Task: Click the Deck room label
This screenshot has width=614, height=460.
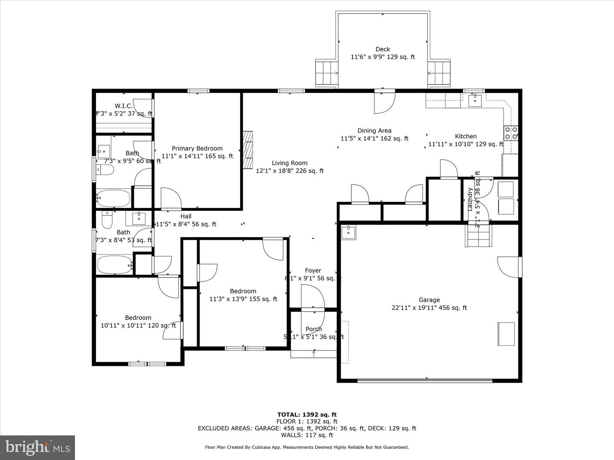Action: point(382,49)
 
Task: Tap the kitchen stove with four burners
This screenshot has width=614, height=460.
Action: point(511,133)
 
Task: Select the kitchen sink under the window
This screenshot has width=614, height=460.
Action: point(475,101)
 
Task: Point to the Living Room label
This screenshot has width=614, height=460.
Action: point(290,163)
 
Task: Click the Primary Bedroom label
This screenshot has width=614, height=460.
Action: point(197,149)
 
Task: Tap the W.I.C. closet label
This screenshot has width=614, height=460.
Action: point(123,106)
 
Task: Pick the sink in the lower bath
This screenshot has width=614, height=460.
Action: point(139,218)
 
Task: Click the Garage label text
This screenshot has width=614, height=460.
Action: point(429,300)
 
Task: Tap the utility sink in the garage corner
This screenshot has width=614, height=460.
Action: point(349,233)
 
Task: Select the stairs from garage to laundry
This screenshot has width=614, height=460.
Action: point(478,236)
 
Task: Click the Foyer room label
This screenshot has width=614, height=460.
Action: point(313,270)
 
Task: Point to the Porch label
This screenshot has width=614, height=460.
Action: point(314,329)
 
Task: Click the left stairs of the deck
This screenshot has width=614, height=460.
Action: point(327,73)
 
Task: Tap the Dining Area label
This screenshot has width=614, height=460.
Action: point(374,131)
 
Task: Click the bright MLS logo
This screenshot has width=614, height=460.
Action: point(38,447)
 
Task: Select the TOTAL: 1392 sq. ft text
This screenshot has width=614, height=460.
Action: point(307,414)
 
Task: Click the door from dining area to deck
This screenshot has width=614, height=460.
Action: point(384,102)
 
